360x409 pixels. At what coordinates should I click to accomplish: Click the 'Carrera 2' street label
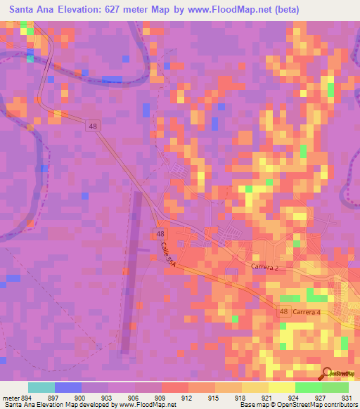point(266,267)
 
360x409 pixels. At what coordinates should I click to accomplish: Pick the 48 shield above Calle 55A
point(161,233)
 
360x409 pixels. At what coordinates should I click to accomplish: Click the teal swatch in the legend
point(41,387)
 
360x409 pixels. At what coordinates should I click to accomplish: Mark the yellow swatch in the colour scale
point(282,387)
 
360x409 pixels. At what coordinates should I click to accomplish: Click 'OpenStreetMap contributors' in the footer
point(309,405)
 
